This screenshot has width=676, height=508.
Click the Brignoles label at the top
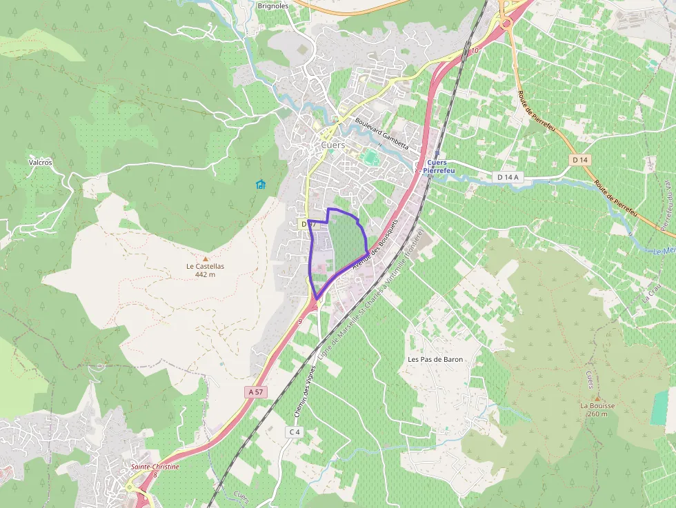pos(272,6)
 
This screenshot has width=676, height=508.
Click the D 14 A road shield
pos(508,177)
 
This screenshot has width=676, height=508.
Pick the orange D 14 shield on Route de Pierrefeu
pos(580,160)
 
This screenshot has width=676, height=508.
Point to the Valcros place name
pos(40,163)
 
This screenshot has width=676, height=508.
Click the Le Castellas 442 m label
pos(205,270)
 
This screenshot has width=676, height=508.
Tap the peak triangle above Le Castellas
pos(205,258)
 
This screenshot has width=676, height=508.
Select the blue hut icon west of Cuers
pos(260,184)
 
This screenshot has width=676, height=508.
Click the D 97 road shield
pos(308,225)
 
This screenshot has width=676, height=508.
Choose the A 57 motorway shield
pos(255,392)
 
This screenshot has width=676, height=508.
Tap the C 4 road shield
pos(295,431)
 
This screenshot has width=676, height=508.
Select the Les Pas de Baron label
pos(435,359)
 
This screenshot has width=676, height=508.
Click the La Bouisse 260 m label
pos(597,409)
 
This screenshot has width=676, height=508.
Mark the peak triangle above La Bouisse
pos(597,398)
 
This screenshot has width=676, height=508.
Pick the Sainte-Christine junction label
pos(155,467)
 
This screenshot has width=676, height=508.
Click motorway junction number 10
pos(475,51)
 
